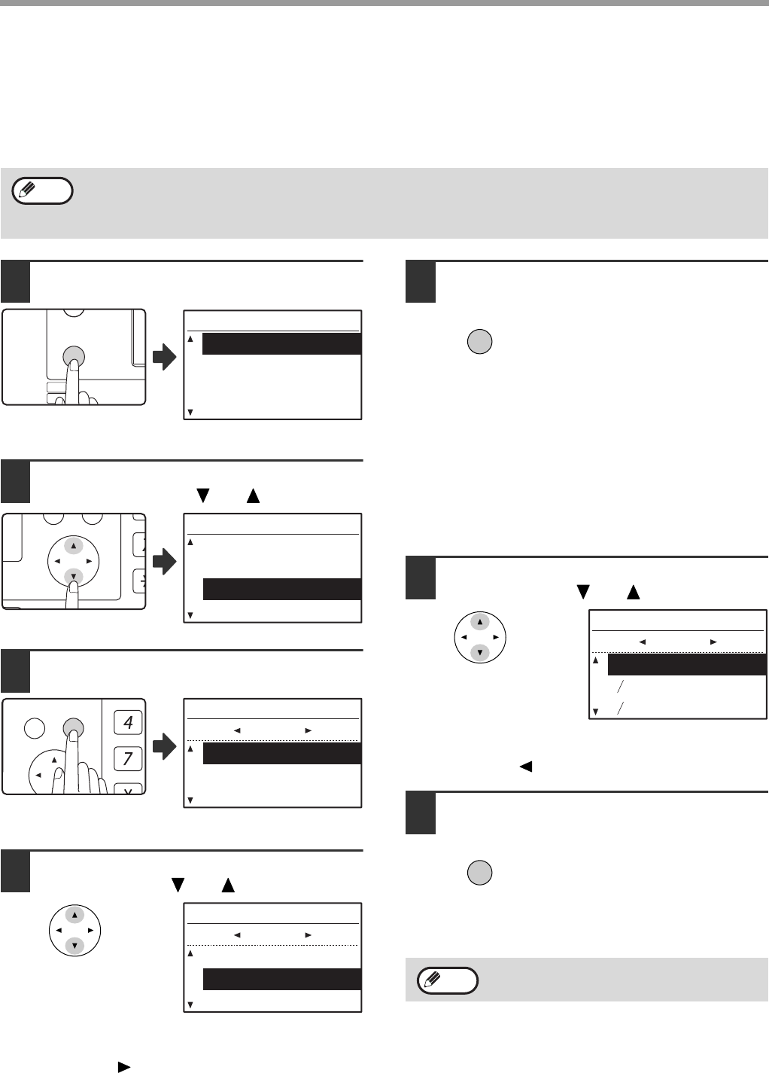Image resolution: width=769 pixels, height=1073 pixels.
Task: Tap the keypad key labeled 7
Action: [x=128, y=759]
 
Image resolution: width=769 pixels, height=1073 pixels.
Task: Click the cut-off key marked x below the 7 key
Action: [x=128, y=789]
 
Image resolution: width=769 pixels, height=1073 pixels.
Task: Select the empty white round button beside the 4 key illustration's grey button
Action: [x=35, y=729]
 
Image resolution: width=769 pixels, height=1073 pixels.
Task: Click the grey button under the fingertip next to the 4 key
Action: [x=73, y=728]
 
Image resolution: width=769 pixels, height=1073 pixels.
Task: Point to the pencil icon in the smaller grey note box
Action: [x=432, y=980]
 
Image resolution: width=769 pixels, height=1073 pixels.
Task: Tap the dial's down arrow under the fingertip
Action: [x=73, y=577]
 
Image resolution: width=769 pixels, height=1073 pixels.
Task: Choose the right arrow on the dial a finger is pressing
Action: [x=89, y=562]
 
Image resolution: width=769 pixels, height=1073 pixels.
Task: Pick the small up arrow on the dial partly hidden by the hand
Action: [x=54, y=760]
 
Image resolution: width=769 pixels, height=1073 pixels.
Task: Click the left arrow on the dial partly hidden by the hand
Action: [x=38, y=775]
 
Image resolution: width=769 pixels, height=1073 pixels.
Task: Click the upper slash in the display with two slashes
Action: [x=621, y=687]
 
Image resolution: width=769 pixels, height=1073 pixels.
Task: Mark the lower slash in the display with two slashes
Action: [x=621, y=709]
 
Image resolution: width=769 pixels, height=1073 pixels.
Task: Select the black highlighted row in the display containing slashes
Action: [x=687, y=665]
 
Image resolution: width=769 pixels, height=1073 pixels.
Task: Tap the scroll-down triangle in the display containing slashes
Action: [x=595, y=712]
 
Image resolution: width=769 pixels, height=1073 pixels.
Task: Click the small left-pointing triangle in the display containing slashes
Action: [x=642, y=642]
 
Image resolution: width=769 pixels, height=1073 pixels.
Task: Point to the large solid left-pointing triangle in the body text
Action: [x=526, y=767]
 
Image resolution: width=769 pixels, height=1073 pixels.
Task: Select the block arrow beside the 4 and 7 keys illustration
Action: [x=165, y=746]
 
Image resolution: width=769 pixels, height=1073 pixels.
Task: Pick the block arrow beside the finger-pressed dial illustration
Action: [x=165, y=562]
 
